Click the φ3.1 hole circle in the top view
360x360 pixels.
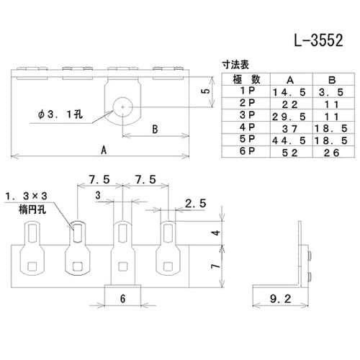123,107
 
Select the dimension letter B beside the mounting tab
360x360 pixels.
155,130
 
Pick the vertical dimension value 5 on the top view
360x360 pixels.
206,92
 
